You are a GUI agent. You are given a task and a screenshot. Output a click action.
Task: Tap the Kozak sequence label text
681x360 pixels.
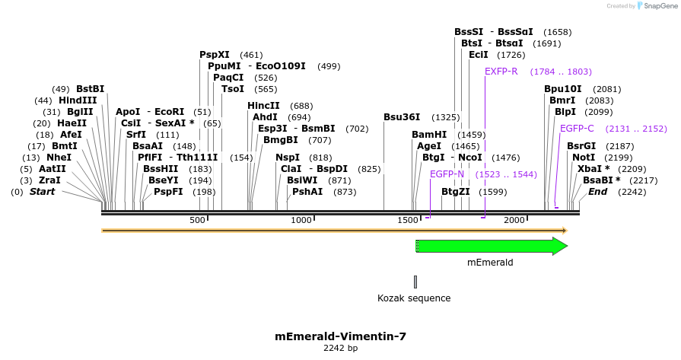pos(415,298)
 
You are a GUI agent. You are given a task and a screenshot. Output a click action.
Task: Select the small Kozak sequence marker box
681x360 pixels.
pos(415,282)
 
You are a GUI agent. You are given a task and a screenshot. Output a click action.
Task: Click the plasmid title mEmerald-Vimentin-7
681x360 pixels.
pos(340,336)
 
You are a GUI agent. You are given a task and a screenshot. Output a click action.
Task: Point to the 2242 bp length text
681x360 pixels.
pos(340,348)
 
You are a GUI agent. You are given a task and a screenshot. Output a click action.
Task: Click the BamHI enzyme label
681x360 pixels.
pos(429,135)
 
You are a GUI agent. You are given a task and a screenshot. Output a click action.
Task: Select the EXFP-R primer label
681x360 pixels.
pos(501,72)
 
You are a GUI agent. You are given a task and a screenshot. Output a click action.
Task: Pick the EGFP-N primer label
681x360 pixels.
pos(447,174)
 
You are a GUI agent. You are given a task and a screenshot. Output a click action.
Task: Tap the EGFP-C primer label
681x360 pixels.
pos(577,129)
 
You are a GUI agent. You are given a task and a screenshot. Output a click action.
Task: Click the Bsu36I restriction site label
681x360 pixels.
pos(402,117)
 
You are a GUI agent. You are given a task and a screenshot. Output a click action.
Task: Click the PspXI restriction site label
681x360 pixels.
pos(215,55)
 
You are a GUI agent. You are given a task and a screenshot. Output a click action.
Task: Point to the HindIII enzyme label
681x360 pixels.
pos(78,100)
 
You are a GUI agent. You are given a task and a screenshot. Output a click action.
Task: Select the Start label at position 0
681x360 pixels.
pos(43,192)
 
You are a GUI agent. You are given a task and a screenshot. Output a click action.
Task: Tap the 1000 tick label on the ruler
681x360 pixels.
pos(302,220)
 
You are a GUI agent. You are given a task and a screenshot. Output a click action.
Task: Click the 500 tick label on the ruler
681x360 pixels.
pos(198,220)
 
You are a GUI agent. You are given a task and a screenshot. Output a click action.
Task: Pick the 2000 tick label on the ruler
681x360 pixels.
pos(514,220)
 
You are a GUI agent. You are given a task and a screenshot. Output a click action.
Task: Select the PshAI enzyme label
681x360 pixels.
pos(307,192)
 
